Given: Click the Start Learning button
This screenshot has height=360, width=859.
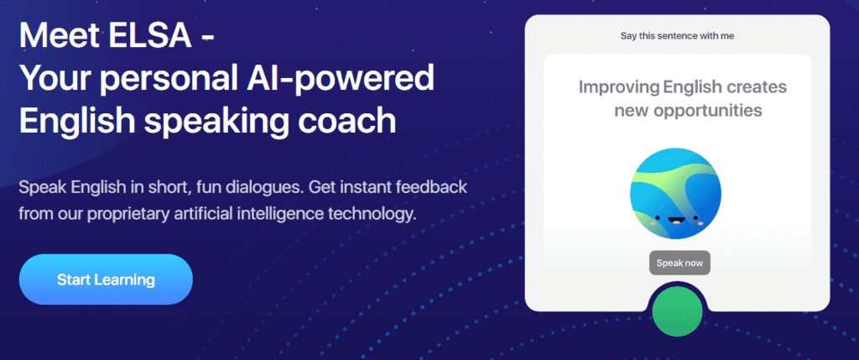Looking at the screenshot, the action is (x=106, y=279).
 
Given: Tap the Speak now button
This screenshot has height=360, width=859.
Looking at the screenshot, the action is (x=679, y=263).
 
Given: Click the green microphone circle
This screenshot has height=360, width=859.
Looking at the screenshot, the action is (x=677, y=310).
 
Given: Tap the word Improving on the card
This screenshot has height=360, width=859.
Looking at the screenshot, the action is (x=618, y=87).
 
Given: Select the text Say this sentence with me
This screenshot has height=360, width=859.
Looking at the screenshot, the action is (x=677, y=36).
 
